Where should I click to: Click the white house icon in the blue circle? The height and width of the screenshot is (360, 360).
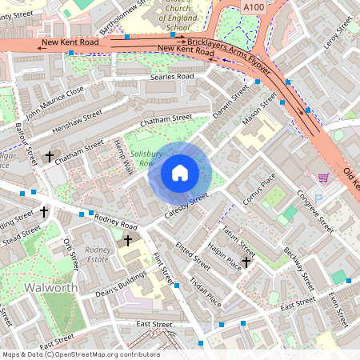(180, 172)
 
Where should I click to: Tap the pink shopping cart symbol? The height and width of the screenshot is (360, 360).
(324, 178)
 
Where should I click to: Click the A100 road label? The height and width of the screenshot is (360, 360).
(253, 7)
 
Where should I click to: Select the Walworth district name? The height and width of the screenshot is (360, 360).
(50, 286)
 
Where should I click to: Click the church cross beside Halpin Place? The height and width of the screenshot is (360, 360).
(246, 261)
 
